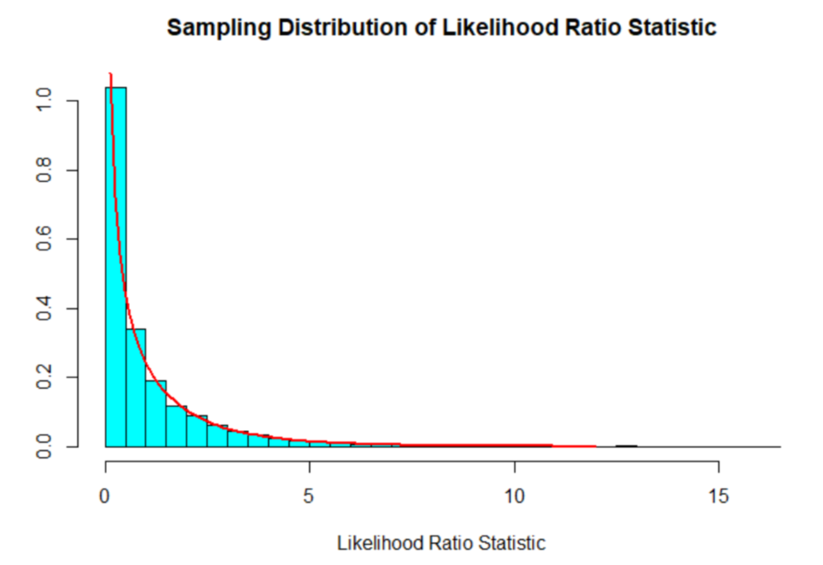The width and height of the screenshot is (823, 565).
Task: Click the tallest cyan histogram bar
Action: point(116,267)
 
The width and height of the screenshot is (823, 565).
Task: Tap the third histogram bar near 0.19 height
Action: point(156,413)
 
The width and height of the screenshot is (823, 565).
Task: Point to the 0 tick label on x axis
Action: point(105,496)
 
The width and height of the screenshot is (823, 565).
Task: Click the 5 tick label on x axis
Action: point(309,496)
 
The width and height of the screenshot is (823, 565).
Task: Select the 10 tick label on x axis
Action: point(514,496)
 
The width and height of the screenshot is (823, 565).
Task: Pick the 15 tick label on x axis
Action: point(719,496)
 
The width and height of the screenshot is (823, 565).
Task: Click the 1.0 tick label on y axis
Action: point(44,101)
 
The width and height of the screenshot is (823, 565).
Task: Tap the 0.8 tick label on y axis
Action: point(44,170)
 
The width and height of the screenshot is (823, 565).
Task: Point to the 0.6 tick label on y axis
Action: point(44,239)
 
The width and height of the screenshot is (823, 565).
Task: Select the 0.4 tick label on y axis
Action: point(44,308)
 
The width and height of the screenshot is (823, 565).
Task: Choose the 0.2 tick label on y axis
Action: point(44,377)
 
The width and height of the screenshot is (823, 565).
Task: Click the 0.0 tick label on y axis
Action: point(44,446)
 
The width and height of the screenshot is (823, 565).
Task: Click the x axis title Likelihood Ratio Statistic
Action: point(441,543)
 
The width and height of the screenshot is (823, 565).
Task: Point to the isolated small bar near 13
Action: point(626,446)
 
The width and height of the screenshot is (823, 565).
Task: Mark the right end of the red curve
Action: point(595,446)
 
